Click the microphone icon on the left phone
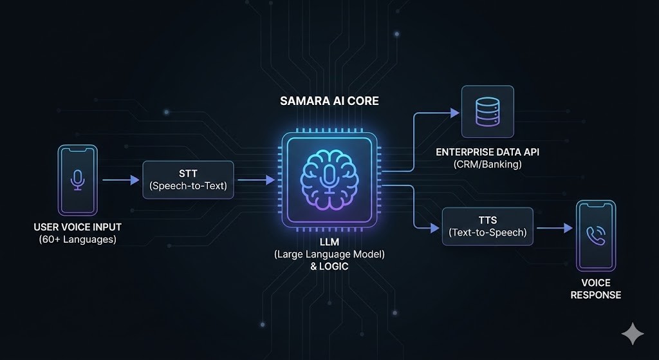[77, 180]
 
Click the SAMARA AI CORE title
[329, 102]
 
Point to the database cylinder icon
[488, 112]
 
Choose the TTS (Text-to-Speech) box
[487, 226]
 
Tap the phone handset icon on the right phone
[595, 235]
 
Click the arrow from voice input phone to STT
[120, 180]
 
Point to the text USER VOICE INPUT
[78, 227]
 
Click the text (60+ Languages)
[78, 240]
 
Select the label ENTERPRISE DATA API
[488, 152]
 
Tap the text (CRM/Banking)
[488, 164]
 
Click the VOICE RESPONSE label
[595, 289]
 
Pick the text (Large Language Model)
[329, 254]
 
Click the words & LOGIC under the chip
[329, 266]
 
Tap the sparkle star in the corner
[633, 334]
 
